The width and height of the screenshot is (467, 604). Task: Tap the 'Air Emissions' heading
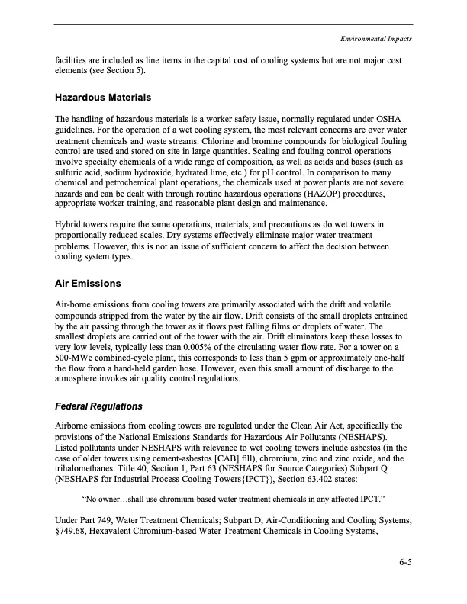[88, 284]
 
